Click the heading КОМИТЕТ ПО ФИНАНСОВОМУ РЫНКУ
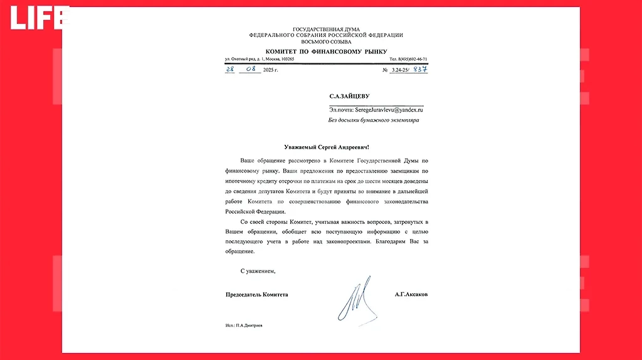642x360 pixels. (326, 51)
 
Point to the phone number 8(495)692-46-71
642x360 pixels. (408, 59)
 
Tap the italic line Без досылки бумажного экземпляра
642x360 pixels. (374, 120)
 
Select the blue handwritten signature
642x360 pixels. (356, 299)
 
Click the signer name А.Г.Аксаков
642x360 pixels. (411, 294)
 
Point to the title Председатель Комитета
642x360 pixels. (257, 294)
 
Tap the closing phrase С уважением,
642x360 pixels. (258, 271)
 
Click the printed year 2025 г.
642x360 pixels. (270, 70)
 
